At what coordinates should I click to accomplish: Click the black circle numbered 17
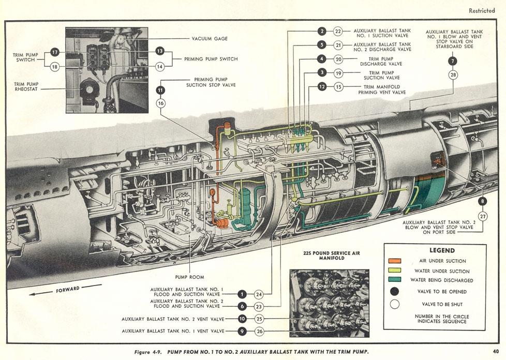tap(55, 52)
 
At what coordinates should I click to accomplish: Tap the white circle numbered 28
tap(453, 75)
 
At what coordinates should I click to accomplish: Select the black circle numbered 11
tap(160, 91)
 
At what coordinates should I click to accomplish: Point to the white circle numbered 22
tap(338, 31)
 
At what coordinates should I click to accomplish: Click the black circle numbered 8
tap(482, 202)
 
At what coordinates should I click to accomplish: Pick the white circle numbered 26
tap(259, 331)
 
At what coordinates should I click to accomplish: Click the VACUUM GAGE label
tap(210, 39)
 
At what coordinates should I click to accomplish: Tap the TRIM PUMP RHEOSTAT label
tap(26, 86)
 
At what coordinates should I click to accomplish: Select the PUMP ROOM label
tap(189, 277)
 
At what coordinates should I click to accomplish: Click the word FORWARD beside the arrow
tap(68, 289)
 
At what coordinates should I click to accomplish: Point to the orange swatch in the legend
tap(395, 261)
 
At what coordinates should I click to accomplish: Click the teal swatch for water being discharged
tap(395, 280)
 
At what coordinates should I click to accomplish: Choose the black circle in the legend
tap(394, 292)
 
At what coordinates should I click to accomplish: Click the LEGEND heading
tap(442, 251)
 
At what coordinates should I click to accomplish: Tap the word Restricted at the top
tap(482, 11)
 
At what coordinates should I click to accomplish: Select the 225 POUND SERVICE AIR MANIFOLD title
tap(332, 256)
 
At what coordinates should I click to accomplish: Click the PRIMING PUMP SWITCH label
tap(211, 59)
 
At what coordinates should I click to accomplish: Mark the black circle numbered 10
tap(242, 319)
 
